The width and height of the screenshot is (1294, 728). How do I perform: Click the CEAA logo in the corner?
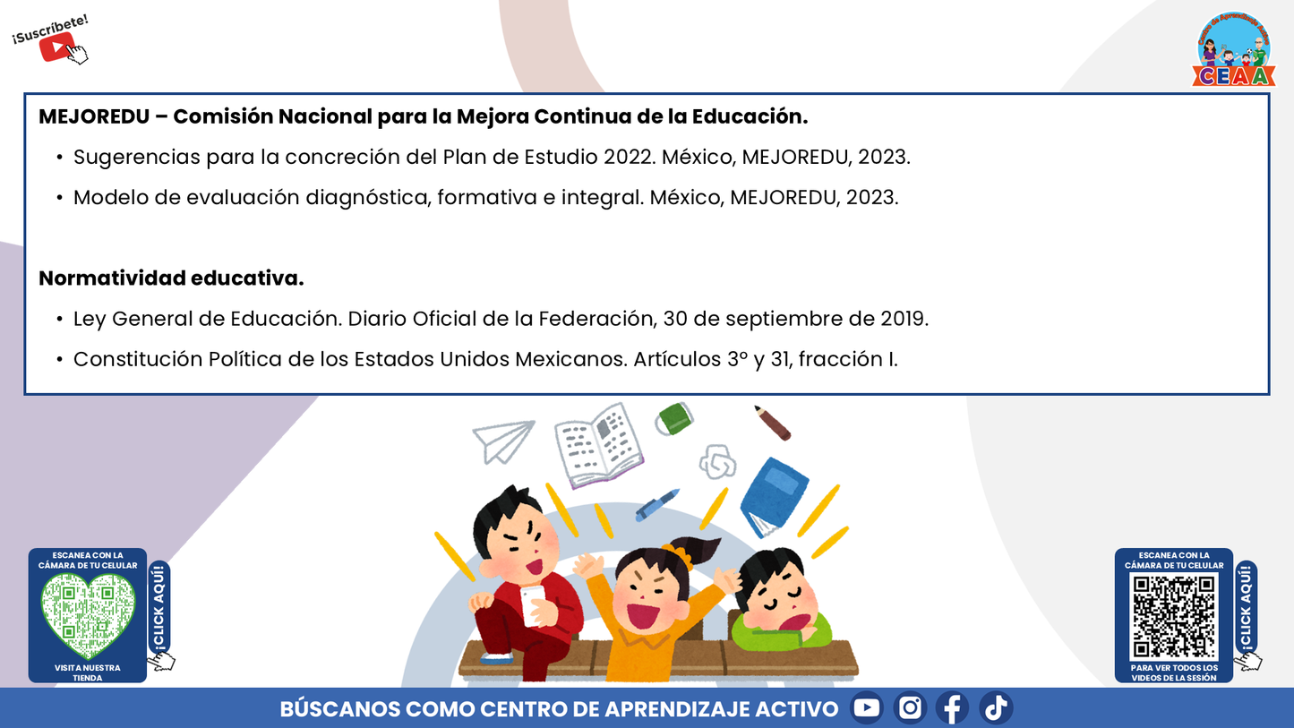tap(1233, 50)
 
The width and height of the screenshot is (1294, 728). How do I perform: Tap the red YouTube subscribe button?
tap(56, 47)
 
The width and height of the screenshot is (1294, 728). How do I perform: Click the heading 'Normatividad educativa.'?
tap(171, 278)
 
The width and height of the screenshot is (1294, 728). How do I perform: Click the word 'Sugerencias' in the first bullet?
tap(136, 157)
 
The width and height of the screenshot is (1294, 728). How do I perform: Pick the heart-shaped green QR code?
tap(88, 615)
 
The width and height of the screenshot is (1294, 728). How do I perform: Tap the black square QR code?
tap(1173, 616)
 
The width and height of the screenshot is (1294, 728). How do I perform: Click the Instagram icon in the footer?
tap(910, 708)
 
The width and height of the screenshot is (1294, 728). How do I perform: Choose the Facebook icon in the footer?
tap(953, 708)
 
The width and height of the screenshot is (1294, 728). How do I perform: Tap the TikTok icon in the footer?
tap(996, 708)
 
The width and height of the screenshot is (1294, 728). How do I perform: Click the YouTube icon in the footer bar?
tap(867, 708)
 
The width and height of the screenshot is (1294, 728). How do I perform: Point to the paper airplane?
tap(503, 440)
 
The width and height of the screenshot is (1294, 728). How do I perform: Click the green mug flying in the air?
tap(674, 418)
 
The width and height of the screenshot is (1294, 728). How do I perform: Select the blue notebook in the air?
tap(772, 495)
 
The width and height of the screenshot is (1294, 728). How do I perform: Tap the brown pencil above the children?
tap(772, 423)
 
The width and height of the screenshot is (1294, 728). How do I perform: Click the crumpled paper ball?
tap(717, 462)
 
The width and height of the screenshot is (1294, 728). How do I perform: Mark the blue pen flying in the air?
tap(657, 505)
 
